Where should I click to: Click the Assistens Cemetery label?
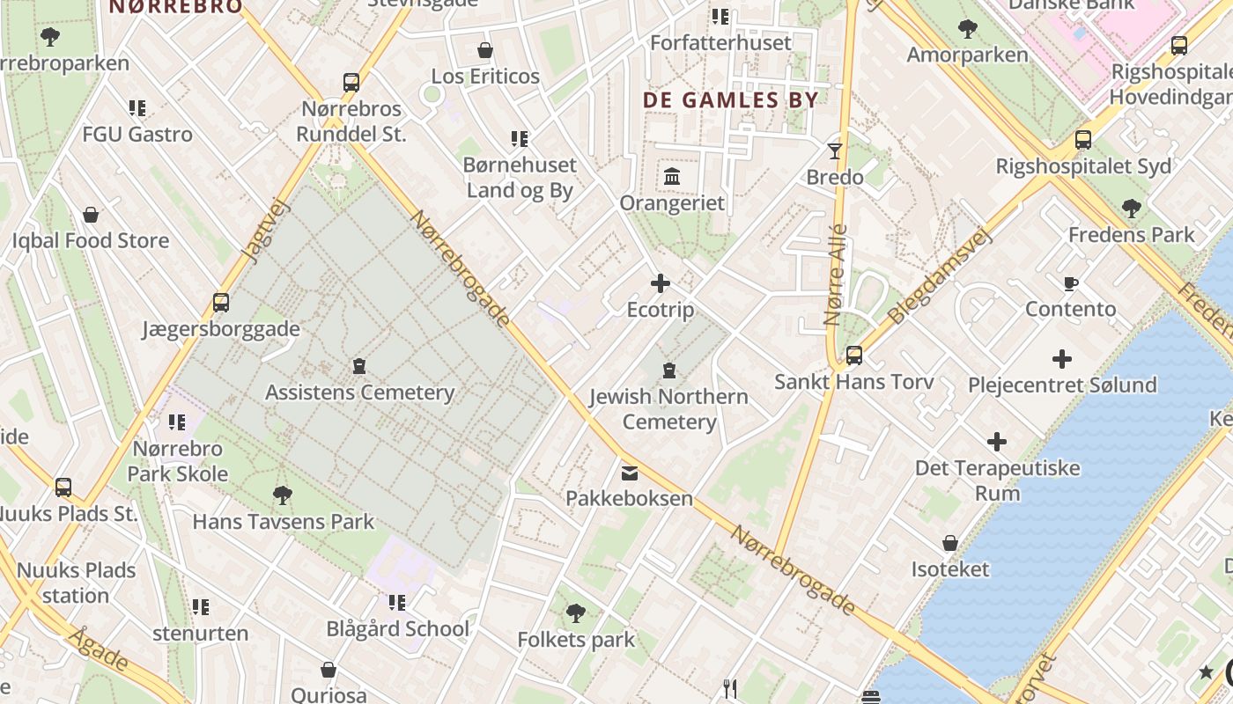[359, 392]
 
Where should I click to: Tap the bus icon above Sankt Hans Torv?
[853, 356]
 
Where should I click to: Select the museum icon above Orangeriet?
[672, 177]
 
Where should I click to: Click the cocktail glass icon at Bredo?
[835, 151]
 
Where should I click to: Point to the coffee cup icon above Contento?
[1070, 283]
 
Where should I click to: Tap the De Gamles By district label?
[730, 100]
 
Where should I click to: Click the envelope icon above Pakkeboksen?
[629, 473]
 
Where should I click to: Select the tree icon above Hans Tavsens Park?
[283, 495]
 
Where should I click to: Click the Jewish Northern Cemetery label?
[668, 409]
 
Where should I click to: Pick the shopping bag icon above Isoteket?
[950, 543]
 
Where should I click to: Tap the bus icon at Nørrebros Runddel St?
[351, 83]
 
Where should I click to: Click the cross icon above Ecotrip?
[660, 283]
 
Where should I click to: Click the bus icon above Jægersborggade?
[221, 303]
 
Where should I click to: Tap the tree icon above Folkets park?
[576, 612]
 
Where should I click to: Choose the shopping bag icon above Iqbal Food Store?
[91, 215]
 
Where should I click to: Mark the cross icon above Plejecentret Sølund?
[1061, 359]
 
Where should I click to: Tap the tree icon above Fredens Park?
[1131, 209]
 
